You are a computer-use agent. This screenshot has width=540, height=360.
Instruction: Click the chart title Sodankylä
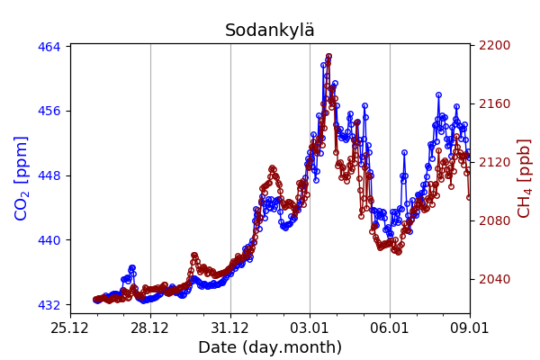(x=270, y=31)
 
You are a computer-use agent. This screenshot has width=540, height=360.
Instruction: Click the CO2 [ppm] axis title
(x=22, y=178)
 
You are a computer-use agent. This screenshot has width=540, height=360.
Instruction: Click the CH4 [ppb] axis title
(x=525, y=178)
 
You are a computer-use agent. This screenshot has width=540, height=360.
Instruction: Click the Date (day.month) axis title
(x=270, y=347)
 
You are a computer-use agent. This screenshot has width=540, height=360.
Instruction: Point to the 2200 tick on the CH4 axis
(x=492, y=45)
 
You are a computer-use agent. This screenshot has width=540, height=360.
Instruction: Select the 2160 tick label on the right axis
(x=492, y=103)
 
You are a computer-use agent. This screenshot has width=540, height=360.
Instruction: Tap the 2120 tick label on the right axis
(x=492, y=162)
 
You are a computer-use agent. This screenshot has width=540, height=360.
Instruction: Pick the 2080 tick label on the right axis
(x=492, y=220)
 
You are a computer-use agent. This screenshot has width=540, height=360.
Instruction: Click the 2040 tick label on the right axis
(x=492, y=279)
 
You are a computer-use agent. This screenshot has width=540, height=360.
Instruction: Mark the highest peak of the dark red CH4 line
(x=328, y=57)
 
